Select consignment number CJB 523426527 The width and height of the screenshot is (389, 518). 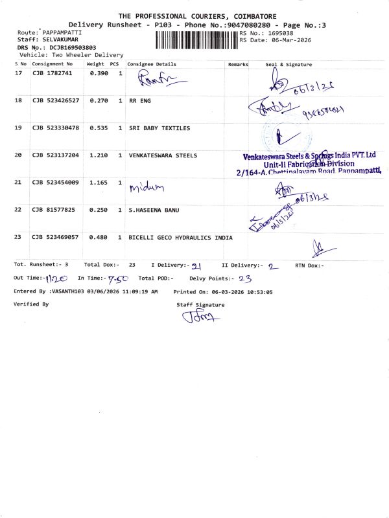tap(56, 101)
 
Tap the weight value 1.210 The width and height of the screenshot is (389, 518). tap(97, 156)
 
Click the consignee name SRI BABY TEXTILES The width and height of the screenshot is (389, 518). tap(159, 128)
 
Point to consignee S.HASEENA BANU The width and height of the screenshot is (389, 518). tap(153, 210)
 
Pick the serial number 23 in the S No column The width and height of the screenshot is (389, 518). tap(18, 238)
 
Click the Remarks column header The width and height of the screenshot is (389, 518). tap(238, 65)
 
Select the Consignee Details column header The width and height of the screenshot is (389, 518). tap(152, 65)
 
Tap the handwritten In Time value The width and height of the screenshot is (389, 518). tap(119, 278)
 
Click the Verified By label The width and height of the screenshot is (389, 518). tap(31, 304)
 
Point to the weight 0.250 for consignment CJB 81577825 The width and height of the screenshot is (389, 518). tap(97, 210)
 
